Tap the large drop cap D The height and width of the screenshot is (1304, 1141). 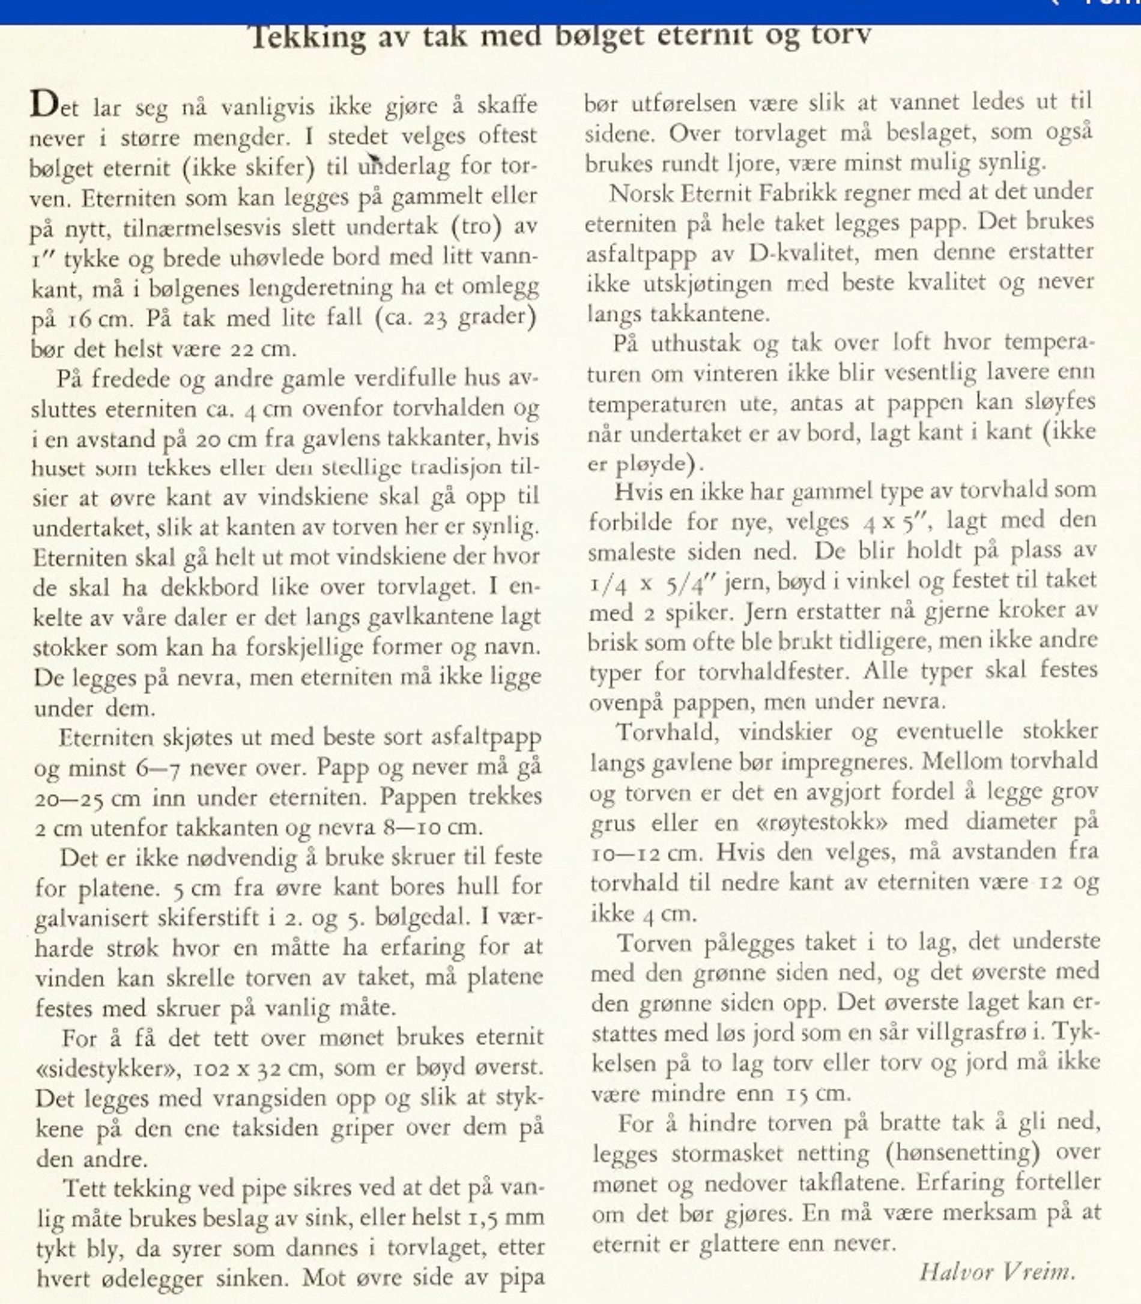(x=44, y=105)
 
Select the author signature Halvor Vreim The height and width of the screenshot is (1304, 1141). (x=997, y=1272)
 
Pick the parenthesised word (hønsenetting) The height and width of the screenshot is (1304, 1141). (x=962, y=1153)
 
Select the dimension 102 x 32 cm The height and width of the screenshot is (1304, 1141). (x=255, y=1068)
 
